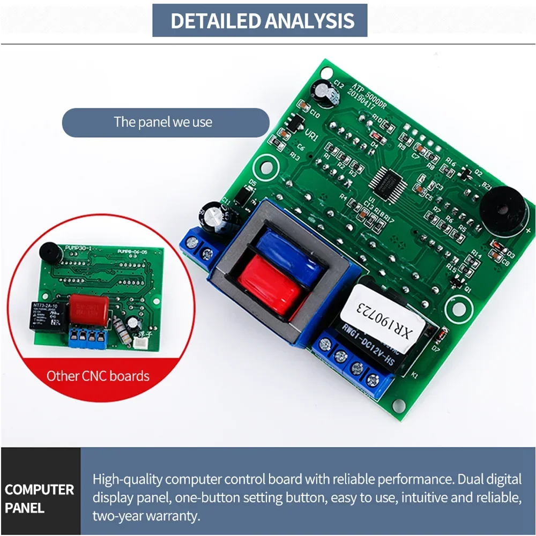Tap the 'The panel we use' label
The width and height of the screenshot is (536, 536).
pos(163,122)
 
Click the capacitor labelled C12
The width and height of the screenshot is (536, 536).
pos(325,92)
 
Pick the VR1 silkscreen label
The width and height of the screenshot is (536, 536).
pos(311,136)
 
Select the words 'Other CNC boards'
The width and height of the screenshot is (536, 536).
pos(98,376)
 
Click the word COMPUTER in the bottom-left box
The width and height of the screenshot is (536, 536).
pos(39,489)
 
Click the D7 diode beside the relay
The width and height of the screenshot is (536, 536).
pos(438,337)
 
